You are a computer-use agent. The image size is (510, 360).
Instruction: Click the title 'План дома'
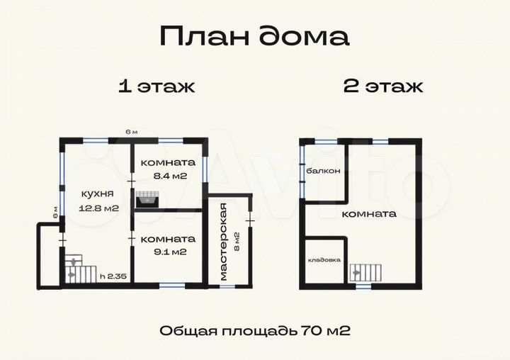point(254,36)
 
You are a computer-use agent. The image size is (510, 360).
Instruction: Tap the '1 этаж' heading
point(156,87)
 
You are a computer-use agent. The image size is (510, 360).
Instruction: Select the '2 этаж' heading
point(383,87)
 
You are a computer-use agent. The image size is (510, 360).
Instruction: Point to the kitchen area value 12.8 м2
point(99,208)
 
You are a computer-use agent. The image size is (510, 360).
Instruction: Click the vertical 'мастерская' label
point(225,242)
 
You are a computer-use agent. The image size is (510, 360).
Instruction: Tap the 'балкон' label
point(324,171)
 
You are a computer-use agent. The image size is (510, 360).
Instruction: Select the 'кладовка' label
point(324,260)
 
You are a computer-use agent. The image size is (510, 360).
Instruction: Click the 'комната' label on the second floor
point(368,213)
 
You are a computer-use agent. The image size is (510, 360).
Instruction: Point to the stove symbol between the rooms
point(147,200)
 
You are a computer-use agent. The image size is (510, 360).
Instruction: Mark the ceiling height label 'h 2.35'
point(113,277)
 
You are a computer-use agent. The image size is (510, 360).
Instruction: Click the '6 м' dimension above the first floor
point(131,132)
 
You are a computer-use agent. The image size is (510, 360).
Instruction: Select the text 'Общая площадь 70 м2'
point(255,330)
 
